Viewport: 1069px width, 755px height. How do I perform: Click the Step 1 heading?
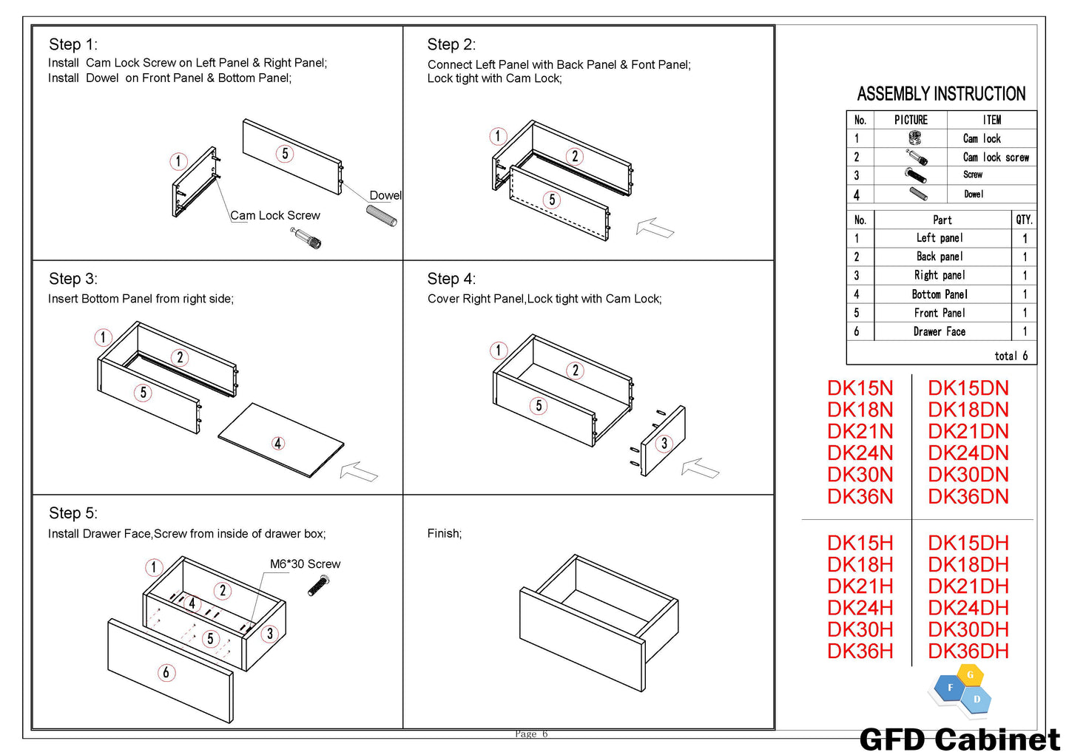click(72, 44)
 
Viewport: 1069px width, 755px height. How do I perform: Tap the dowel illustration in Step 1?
click(382, 215)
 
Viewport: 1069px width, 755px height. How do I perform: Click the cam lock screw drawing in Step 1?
click(306, 238)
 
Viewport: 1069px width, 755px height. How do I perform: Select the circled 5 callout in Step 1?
click(285, 154)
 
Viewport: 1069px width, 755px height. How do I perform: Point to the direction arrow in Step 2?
click(655, 228)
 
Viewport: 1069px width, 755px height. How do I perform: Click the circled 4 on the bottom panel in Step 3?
click(278, 443)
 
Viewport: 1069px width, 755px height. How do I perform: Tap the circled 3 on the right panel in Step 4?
click(664, 443)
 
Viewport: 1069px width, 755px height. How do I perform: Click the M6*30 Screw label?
click(305, 564)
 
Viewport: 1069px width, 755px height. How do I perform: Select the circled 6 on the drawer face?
click(166, 672)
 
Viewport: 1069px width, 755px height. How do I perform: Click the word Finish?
click(444, 534)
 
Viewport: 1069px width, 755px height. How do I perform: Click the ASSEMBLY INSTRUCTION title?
click(941, 94)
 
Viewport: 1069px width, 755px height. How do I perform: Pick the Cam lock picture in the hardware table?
click(914, 138)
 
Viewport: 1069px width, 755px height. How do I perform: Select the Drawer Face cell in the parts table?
click(939, 332)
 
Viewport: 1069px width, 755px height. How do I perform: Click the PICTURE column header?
click(911, 120)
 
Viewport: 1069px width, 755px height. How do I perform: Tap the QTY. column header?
click(1024, 220)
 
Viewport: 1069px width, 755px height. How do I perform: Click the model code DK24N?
click(860, 453)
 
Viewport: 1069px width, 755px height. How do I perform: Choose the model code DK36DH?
click(968, 651)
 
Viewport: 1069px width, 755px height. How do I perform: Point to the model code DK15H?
click(860, 543)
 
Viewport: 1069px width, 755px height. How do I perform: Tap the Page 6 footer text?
click(531, 734)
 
